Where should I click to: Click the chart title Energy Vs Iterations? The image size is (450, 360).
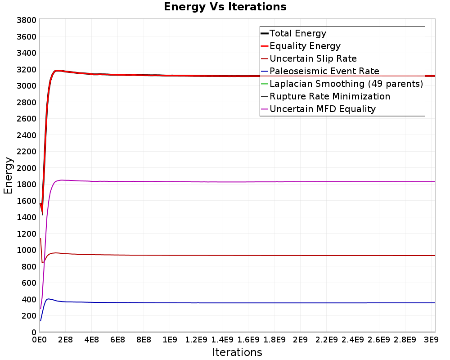click(x=225, y=7)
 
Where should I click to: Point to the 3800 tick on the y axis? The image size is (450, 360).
click(x=27, y=20)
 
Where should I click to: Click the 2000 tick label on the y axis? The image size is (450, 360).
click(x=27, y=168)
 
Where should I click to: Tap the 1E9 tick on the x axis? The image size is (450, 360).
click(x=170, y=340)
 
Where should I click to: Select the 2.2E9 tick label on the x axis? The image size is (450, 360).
click(x=326, y=340)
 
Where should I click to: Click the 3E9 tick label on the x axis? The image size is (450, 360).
click(x=432, y=340)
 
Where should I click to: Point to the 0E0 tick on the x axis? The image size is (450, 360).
click(x=39, y=340)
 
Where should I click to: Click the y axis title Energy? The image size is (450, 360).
click(x=8, y=175)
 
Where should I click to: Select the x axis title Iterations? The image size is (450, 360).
click(x=237, y=352)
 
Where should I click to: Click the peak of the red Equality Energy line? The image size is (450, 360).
click(x=58, y=70)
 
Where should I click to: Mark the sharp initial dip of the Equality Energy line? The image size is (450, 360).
click(x=42, y=214)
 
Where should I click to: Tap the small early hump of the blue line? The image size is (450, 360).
click(x=48, y=299)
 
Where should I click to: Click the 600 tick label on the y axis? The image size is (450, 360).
click(x=28, y=283)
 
